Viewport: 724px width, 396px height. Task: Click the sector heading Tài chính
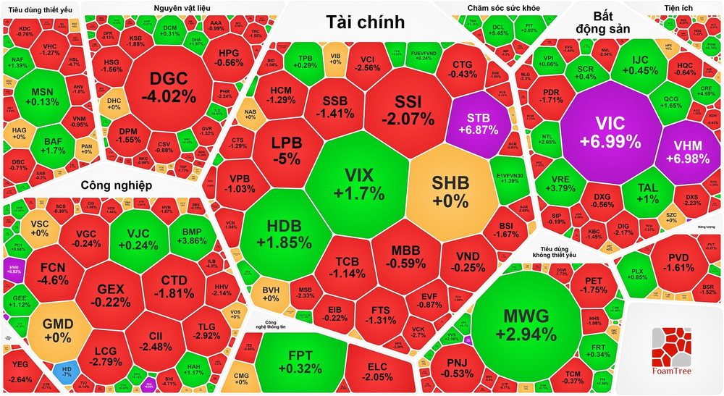(x=365, y=22)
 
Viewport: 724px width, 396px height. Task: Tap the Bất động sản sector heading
(x=602, y=22)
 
